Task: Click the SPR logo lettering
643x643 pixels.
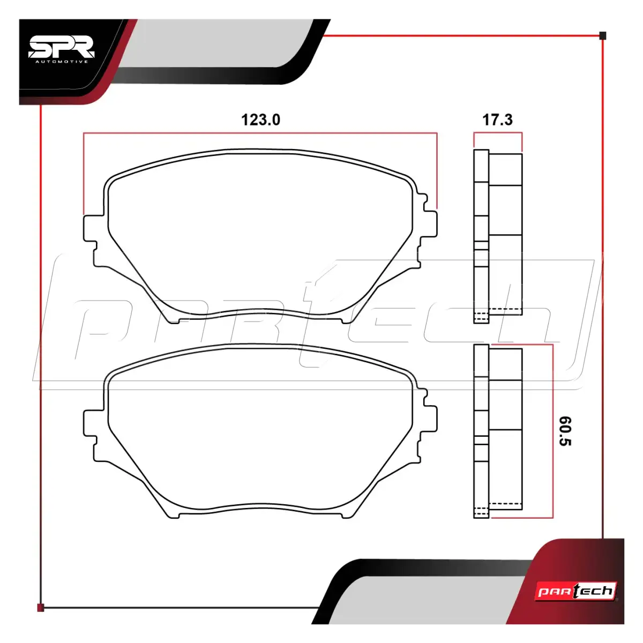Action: pyautogui.click(x=62, y=47)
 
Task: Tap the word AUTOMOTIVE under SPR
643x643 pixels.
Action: pyautogui.click(x=62, y=62)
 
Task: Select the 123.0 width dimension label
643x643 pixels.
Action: pyautogui.click(x=260, y=120)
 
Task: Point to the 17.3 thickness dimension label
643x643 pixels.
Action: pyautogui.click(x=497, y=120)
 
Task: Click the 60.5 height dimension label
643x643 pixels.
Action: pyautogui.click(x=565, y=431)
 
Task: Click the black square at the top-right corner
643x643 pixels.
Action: pyautogui.click(x=603, y=36)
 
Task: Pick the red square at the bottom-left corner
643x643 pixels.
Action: pyautogui.click(x=40, y=608)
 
